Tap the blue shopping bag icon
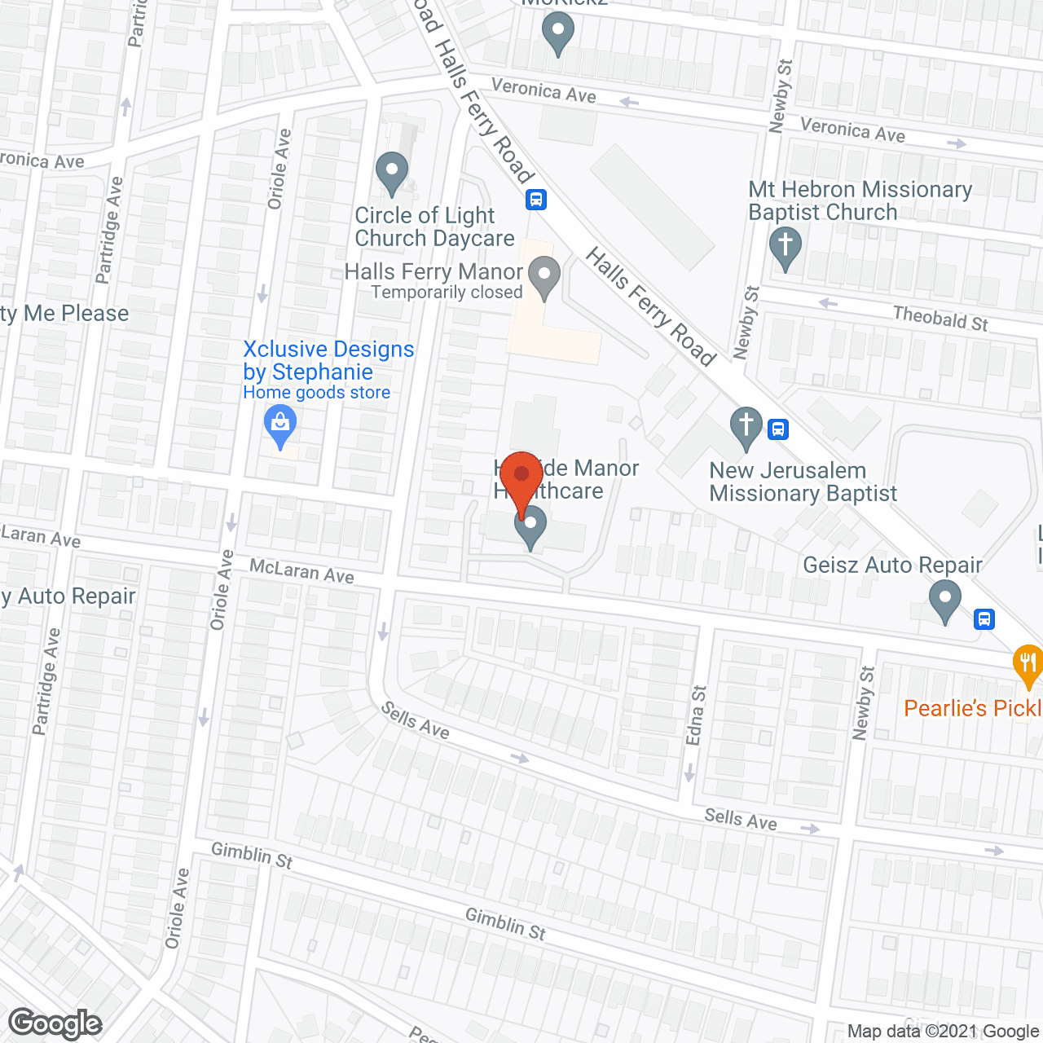[x=280, y=425]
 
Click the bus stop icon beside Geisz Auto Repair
[x=984, y=619]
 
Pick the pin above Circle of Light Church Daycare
[x=392, y=172]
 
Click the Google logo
[x=55, y=1023]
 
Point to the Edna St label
[x=695, y=715]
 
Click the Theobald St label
[x=940, y=318]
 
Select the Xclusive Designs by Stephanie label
[x=328, y=360]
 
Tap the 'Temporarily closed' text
[x=447, y=293]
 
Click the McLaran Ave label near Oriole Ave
[x=301, y=570]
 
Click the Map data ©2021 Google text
[x=943, y=1031]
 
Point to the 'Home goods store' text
[x=316, y=393]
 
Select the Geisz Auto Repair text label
[x=892, y=565]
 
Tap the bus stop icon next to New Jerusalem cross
[x=778, y=429]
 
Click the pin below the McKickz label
[x=557, y=35]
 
